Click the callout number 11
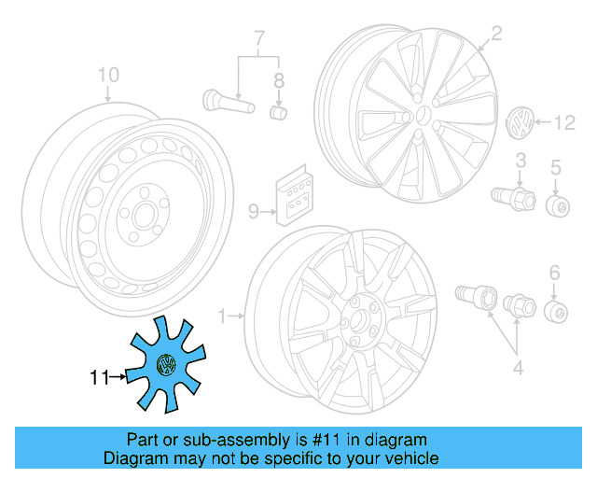click(x=99, y=378)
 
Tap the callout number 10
click(x=108, y=74)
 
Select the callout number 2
click(x=496, y=35)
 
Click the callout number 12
click(x=566, y=121)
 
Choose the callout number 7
click(x=260, y=39)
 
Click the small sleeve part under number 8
click(x=277, y=113)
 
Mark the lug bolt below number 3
click(x=511, y=196)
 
